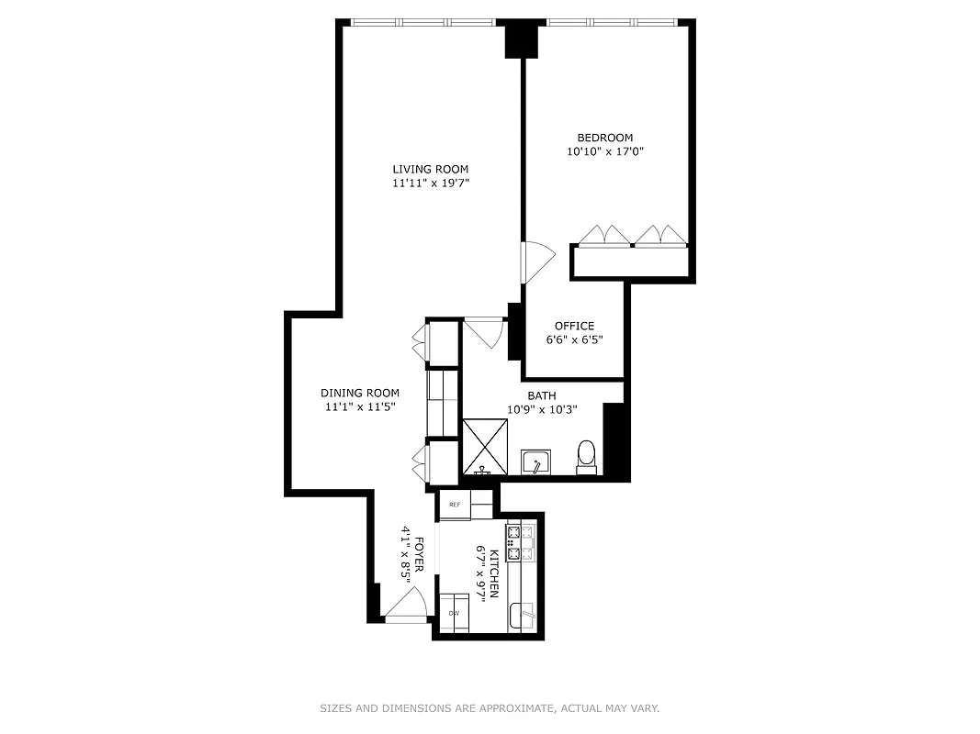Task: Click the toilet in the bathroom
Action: [x=586, y=455]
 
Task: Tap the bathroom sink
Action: [x=535, y=462]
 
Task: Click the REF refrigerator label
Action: [x=454, y=505]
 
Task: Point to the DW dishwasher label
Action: [x=454, y=613]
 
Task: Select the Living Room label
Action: [x=431, y=169]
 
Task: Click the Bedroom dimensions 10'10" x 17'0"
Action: [x=604, y=152]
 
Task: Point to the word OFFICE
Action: [x=574, y=326]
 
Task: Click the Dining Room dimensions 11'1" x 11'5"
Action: [x=360, y=406]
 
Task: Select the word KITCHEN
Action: [x=493, y=573]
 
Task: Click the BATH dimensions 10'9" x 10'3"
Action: [x=542, y=410]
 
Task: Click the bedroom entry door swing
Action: [x=536, y=261]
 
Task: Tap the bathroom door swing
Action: [x=485, y=331]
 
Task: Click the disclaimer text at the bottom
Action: [x=490, y=708]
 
